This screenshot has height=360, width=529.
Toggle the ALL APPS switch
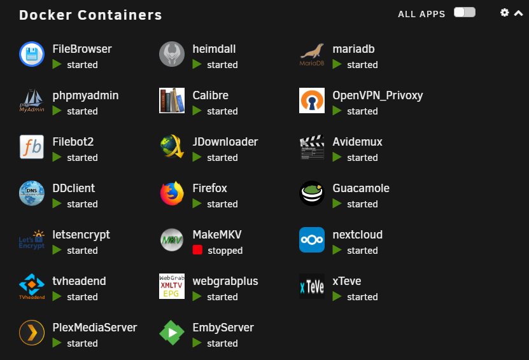(x=465, y=12)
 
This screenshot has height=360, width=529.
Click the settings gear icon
(x=504, y=13)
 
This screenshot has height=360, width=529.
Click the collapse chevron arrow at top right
(x=519, y=13)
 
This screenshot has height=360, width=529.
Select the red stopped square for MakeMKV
(x=197, y=250)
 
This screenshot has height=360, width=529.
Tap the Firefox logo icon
(x=172, y=193)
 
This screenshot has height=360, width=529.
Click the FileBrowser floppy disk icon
(x=32, y=54)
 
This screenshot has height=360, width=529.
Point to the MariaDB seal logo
(x=312, y=54)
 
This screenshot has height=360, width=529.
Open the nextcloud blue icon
(x=312, y=240)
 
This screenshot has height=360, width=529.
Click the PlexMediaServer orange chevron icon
(x=32, y=333)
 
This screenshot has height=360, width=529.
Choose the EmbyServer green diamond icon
(x=172, y=333)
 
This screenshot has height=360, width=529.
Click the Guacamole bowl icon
(x=312, y=193)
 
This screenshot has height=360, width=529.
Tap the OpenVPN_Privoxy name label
(x=377, y=95)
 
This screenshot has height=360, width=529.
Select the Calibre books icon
(x=172, y=100)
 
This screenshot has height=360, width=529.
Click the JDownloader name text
(x=225, y=142)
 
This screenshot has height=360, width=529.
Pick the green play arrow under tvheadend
(x=57, y=296)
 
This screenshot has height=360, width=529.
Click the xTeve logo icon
(x=312, y=286)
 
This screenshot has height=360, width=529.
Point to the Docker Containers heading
(x=90, y=15)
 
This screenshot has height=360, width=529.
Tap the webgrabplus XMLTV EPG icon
(x=172, y=286)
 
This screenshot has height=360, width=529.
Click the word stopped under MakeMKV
(x=225, y=251)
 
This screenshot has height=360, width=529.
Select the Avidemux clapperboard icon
(x=312, y=147)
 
